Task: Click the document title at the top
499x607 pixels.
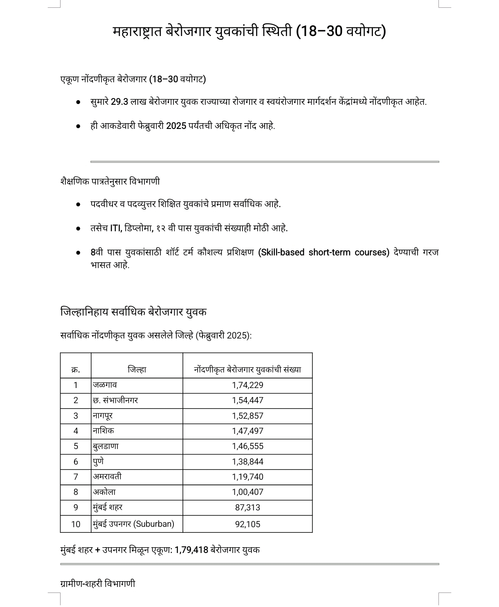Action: pyautogui.click(x=249, y=31)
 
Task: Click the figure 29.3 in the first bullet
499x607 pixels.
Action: pyautogui.click(x=119, y=102)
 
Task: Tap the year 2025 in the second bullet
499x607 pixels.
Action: pyautogui.click(x=176, y=126)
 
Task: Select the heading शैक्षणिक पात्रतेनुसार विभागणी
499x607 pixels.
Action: pyautogui.click(x=110, y=181)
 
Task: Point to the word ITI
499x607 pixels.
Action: pyautogui.click(x=116, y=228)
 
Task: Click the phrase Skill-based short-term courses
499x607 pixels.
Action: pyautogui.click(x=324, y=253)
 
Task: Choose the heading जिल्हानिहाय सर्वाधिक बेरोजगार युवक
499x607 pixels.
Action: pyautogui.click(x=133, y=312)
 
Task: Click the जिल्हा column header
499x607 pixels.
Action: pyautogui.click(x=137, y=370)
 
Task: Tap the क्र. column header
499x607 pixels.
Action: pyautogui.click(x=76, y=370)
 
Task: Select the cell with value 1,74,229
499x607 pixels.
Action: pyautogui.click(x=247, y=385)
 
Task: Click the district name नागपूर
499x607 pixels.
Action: pyautogui.click(x=103, y=416)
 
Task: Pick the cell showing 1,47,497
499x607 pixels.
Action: pyautogui.click(x=247, y=431)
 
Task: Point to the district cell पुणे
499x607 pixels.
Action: pyautogui.click(x=98, y=462)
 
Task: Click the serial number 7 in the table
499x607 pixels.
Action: pyautogui.click(x=76, y=477)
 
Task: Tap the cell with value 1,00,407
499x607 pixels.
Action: pyautogui.click(x=247, y=492)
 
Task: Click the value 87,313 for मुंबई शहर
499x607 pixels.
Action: pyautogui.click(x=247, y=508)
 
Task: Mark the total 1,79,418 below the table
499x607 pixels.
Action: pyautogui.click(x=191, y=550)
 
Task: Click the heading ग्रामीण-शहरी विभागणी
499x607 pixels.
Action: pyautogui.click(x=98, y=584)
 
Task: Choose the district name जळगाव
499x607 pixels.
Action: pyautogui.click(x=105, y=385)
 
